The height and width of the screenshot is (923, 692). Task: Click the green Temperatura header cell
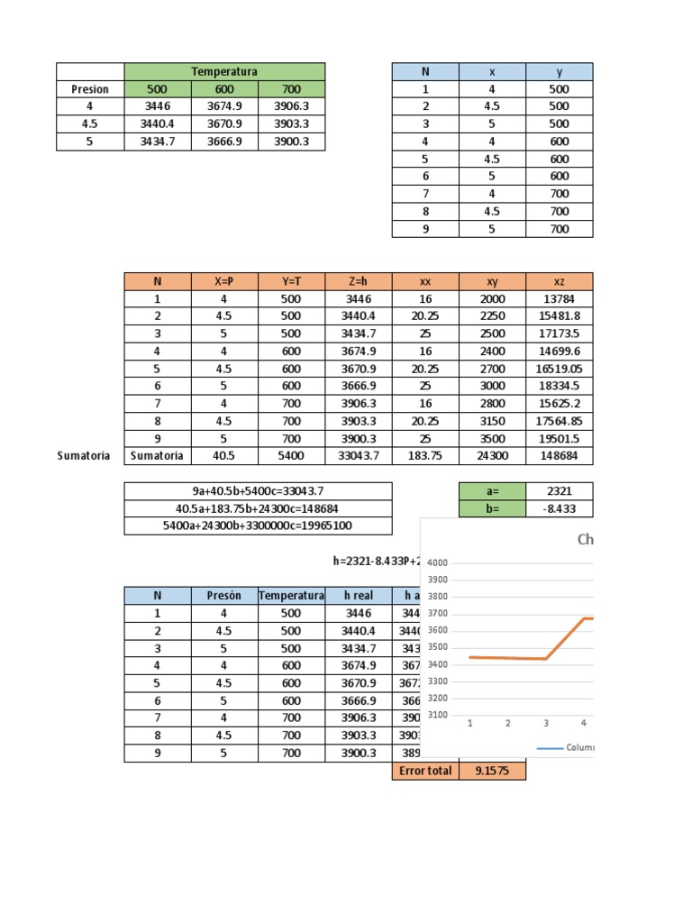pos(224,71)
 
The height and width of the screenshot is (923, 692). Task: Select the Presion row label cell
pos(90,89)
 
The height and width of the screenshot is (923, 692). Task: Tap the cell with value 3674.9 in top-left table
pos(224,106)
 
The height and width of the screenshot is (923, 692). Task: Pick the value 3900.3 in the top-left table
pos(291,142)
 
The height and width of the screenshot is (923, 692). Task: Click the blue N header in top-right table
pos(425,71)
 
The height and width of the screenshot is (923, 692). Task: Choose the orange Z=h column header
pos(358,281)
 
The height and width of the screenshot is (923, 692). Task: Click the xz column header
pos(560,281)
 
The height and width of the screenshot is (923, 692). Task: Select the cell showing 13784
pos(560,298)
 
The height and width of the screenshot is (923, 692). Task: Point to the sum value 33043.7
pos(358,455)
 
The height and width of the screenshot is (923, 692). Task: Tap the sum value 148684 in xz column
pos(560,455)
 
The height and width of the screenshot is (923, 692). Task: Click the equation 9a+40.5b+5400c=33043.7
pos(258,490)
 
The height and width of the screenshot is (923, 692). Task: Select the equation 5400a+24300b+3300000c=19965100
pos(258,525)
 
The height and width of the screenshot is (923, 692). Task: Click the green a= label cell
pos(492,490)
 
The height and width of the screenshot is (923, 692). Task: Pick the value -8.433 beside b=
pos(560,508)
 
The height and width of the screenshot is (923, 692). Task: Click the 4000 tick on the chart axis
pos(438,562)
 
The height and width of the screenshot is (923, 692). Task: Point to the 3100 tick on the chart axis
pos(438,715)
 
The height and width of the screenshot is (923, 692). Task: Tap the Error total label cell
pos(425,771)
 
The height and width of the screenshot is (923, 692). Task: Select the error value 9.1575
pos(492,771)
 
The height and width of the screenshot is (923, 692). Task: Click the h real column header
pos(358,595)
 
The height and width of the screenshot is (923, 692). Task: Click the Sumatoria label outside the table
pos(84,455)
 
